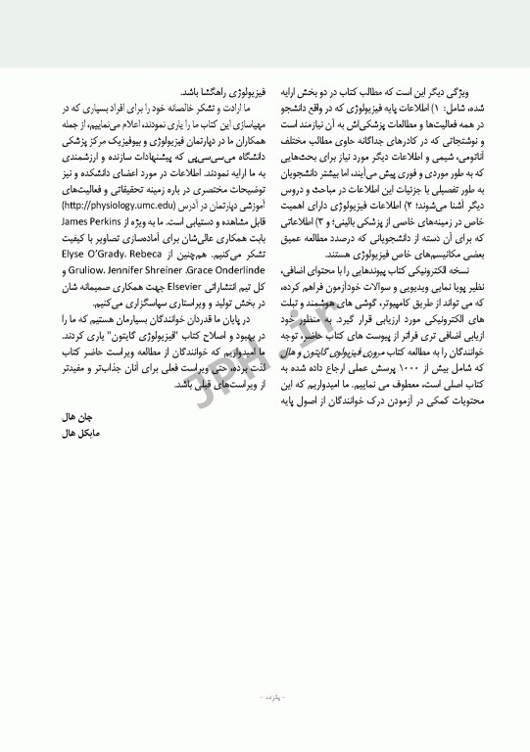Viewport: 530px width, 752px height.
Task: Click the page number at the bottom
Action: [x=265, y=697]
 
